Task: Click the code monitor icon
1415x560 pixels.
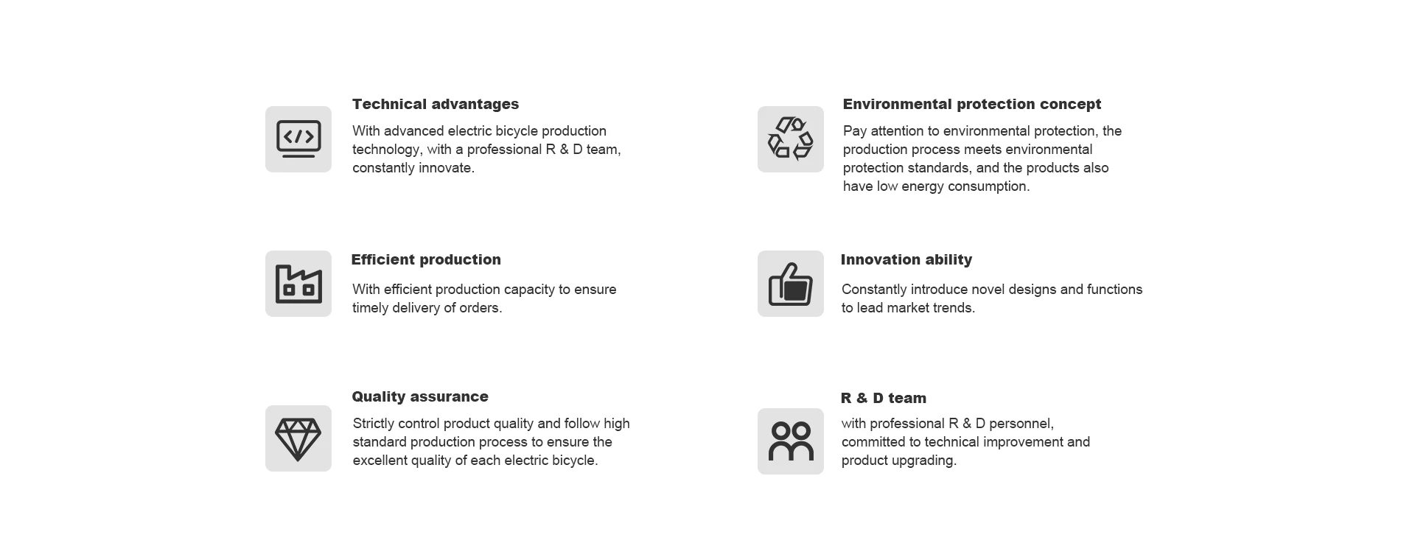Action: click(298, 139)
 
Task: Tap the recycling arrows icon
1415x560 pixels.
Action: click(790, 139)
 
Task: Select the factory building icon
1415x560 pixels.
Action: click(298, 284)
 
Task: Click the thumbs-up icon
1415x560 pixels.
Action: click(790, 284)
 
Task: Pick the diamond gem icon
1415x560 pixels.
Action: click(298, 439)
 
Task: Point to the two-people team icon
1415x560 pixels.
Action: click(791, 441)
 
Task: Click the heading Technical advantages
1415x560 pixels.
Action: click(436, 104)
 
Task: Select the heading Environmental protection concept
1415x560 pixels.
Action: click(972, 104)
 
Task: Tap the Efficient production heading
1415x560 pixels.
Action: click(426, 259)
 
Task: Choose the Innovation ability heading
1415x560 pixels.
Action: click(906, 259)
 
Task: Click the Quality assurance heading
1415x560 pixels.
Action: click(420, 396)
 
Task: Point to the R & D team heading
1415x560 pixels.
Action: click(884, 398)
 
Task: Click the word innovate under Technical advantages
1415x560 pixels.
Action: click(447, 168)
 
